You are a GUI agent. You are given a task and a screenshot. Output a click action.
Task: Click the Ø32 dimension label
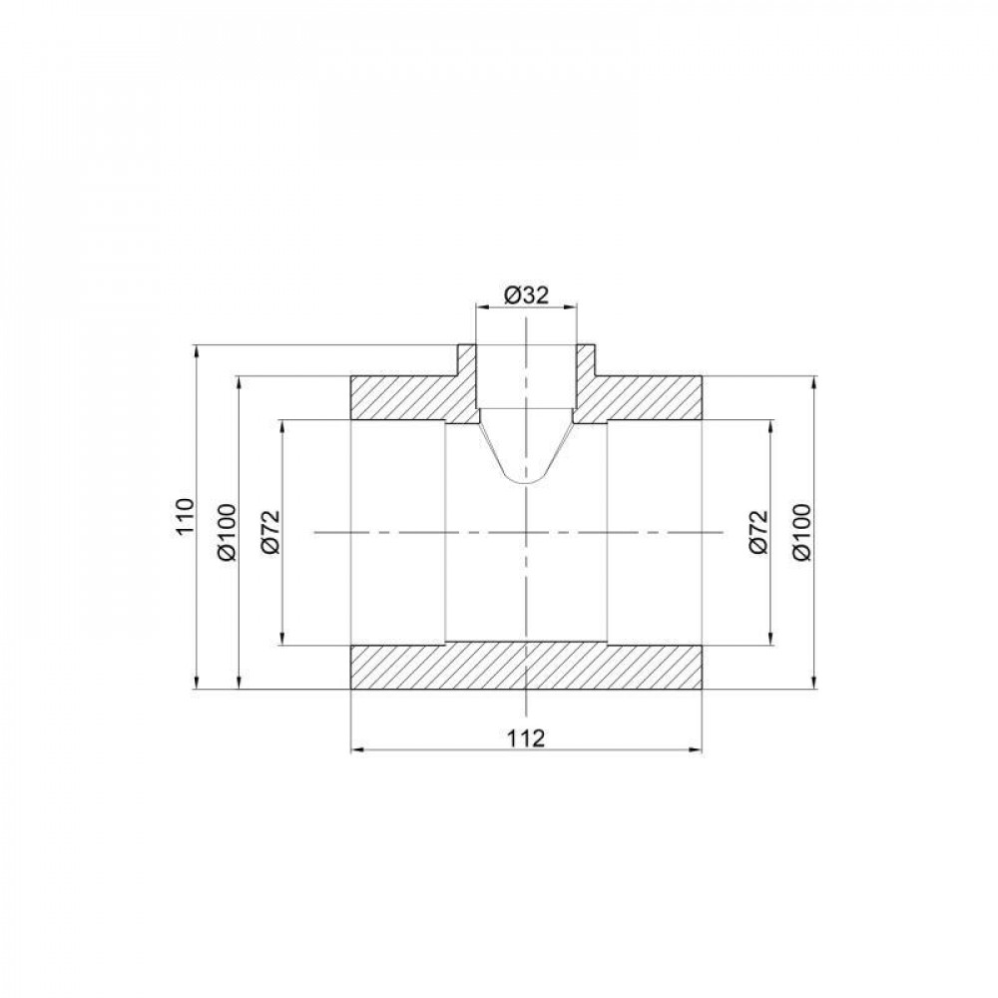tap(527, 295)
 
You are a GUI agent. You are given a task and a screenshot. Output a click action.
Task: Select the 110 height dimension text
tap(183, 517)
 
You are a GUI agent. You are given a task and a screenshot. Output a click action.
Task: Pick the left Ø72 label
tap(271, 532)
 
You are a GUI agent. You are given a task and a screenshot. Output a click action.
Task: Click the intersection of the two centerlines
tap(525, 533)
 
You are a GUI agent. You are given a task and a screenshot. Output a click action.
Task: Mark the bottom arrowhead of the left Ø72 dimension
tap(283, 640)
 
